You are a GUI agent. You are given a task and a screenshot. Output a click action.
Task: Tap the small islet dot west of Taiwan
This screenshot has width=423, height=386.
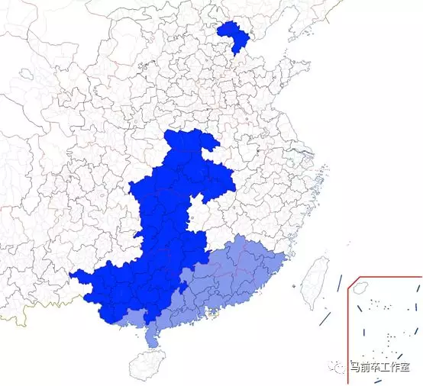[292, 285]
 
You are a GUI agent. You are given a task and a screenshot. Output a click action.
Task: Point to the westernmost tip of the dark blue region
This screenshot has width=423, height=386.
[70, 275]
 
